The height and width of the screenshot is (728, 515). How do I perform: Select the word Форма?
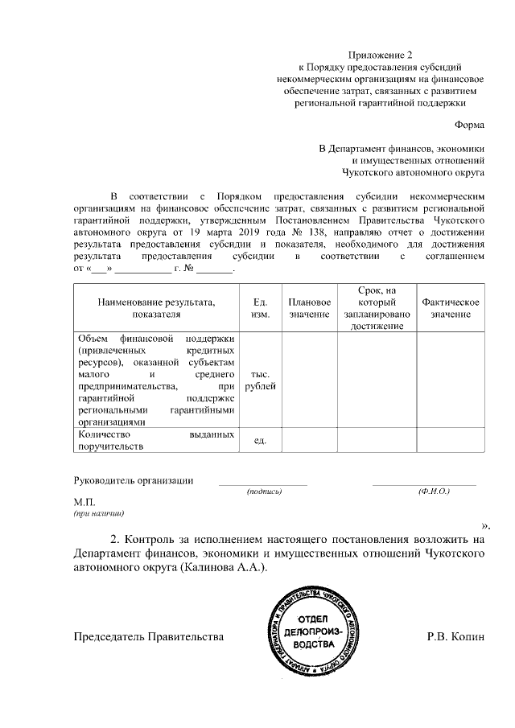468,125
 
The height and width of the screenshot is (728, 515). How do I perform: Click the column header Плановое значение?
309,306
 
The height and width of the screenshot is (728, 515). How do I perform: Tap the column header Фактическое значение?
451,306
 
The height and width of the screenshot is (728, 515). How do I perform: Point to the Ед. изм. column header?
260,306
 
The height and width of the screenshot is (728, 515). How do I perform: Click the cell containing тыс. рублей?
260,380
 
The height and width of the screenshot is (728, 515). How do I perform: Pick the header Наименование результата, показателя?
157,306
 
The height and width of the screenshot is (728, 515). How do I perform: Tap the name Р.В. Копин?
456,636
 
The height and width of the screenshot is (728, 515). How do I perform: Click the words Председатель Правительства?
147,636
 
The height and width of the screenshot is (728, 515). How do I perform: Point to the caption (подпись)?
263,491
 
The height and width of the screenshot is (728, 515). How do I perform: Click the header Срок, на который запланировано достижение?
377,306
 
